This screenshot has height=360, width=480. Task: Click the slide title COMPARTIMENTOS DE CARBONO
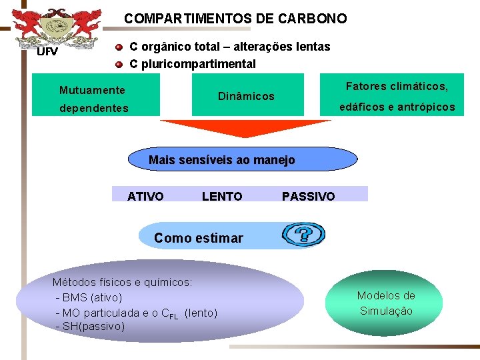coord(235,19)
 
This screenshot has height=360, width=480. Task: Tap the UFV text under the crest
coord(47,51)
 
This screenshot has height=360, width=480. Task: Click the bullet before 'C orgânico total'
coord(118,47)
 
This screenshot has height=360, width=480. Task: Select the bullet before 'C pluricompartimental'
coord(118,64)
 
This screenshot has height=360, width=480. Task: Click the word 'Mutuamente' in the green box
coord(92,90)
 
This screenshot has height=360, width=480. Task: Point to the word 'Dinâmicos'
coord(246,96)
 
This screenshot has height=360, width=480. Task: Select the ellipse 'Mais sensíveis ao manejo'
coord(222,160)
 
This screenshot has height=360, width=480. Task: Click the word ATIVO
coord(145,196)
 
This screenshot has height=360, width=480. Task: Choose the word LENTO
coord(222,196)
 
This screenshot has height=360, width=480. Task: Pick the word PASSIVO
coord(308,196)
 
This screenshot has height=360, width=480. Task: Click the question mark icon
coord(303,235)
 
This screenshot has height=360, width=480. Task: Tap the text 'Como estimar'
coord(199,238)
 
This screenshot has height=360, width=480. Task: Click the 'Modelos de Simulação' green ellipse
coord(386,303)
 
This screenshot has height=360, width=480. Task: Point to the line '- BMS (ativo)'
coord(89,297)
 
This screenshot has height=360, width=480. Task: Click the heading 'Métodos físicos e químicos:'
coord(122,282)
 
